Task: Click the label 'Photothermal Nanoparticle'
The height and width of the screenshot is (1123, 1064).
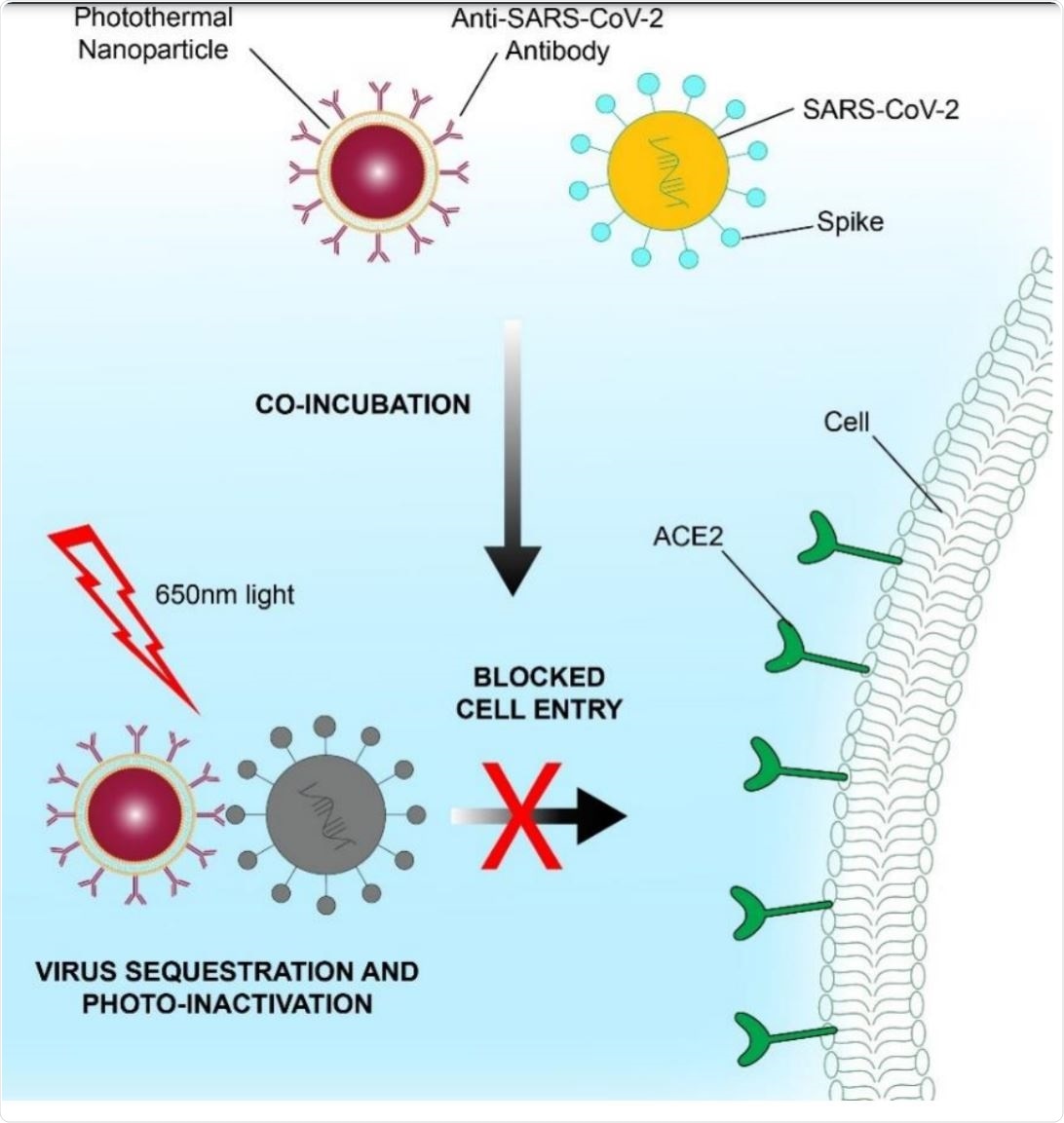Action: [154, 33]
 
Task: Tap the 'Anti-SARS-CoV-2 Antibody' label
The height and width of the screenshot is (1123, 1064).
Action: [556, 33]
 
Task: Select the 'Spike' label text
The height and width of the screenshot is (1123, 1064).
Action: [851, 222]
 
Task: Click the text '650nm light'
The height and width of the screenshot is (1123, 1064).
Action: [225, 594]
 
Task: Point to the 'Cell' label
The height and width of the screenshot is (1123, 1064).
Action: [846, 423]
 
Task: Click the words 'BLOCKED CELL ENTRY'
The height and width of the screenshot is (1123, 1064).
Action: [538, 693]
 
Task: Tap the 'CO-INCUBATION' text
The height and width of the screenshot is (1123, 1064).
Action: [362, 404]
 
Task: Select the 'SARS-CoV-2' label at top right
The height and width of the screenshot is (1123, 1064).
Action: [880, 109]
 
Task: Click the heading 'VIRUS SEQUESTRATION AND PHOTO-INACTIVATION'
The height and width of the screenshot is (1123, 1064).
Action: [226, 987]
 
